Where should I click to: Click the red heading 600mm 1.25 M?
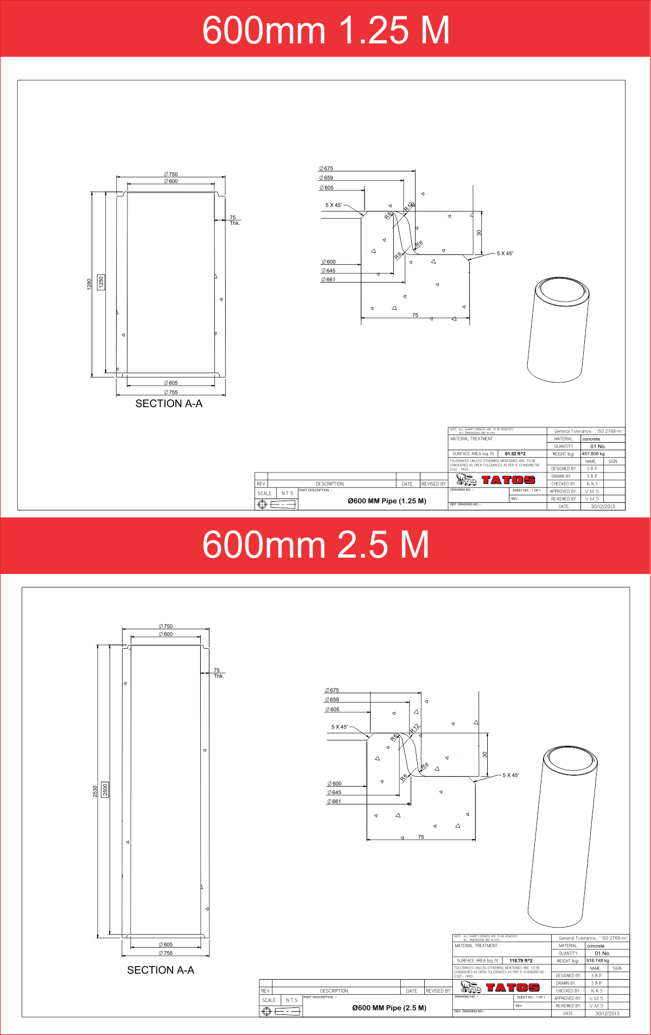click(x=325, y=30)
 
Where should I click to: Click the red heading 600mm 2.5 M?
click(x=315, y=545)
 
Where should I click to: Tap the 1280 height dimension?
click(x=90, y=284)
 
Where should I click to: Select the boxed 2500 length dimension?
click(x=105, y=789)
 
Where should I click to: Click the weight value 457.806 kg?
click(x=593, y=454)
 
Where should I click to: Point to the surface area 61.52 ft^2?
click(x=515, y=454)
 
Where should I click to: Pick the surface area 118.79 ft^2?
click(x=520, y=961)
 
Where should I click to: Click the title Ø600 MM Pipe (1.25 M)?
click(x=387, y=501)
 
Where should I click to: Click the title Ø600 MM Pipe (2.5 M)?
click(x=389, y=1008)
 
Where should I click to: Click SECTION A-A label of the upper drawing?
click(x=169, y=404)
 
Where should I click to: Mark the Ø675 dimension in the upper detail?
click(x=326, y=169)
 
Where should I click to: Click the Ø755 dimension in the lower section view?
click(x=165, y=953)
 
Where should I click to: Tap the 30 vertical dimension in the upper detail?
click(x=478, y=233)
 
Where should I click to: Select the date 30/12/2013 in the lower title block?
click(x=607, y=1013)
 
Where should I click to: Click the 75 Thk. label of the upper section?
click(x=234, y=220)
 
